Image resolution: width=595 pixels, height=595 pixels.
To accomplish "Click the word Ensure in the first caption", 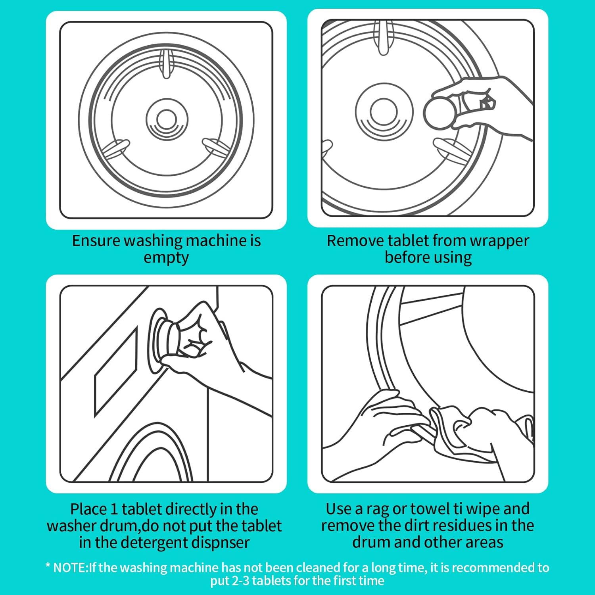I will pos(96,241).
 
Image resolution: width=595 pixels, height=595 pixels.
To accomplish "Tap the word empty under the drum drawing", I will pos(166,258).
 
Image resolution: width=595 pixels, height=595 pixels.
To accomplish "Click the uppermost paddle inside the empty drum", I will pos(166,63).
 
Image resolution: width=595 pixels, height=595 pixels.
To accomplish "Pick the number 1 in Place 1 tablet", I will pos(114,509).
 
